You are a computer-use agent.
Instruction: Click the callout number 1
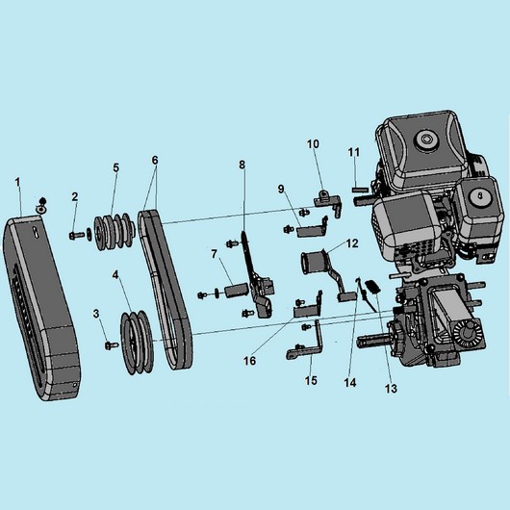[17, 183]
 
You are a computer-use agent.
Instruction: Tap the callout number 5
[116, 167]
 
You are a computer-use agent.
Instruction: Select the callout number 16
[250, 361]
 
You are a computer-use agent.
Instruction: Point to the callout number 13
[391, 389]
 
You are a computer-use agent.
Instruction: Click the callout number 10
[314, 143]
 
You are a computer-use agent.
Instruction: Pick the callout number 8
[242, 165]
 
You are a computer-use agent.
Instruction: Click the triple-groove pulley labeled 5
[114, 231]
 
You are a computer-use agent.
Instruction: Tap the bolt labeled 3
[111, 345]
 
